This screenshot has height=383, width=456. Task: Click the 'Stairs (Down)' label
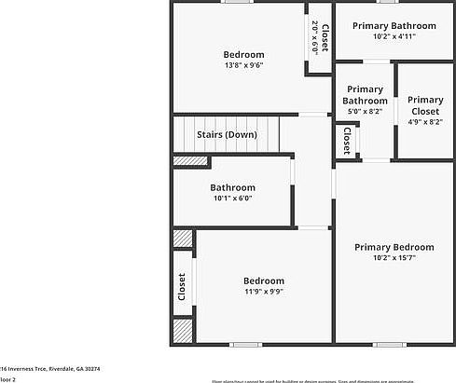227,134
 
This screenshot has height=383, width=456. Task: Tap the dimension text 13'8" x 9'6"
243,65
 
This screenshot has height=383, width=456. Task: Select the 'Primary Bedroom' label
394,247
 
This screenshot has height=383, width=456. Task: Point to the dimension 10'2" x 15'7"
394,258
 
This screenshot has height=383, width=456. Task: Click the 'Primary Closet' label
424,105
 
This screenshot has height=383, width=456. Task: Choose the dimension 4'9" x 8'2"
424,122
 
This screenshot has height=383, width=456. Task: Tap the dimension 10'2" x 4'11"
394,37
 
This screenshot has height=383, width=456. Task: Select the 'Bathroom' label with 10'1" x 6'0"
232,187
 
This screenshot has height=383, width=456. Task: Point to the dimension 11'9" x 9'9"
263,292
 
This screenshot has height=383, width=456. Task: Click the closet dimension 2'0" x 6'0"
314,38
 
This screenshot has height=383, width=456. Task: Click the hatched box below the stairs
190,161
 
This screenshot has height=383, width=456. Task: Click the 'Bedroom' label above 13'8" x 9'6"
243,54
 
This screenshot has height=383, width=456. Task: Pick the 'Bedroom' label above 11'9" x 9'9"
263,280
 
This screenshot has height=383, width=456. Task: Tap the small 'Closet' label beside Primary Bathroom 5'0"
346,141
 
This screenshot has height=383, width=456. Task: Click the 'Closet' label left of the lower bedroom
182,286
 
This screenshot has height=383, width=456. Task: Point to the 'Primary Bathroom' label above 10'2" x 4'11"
394,26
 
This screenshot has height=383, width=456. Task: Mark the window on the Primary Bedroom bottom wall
386,345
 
